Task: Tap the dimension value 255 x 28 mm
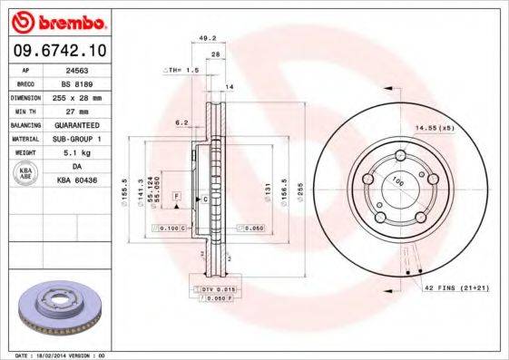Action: click(x=87, y=96)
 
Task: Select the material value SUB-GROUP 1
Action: click(x=87, y=139)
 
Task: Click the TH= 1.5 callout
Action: click(x=181, y=70)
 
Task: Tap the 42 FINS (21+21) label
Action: click(x=457, y=287)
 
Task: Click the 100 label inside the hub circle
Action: click(x=396, y=183)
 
